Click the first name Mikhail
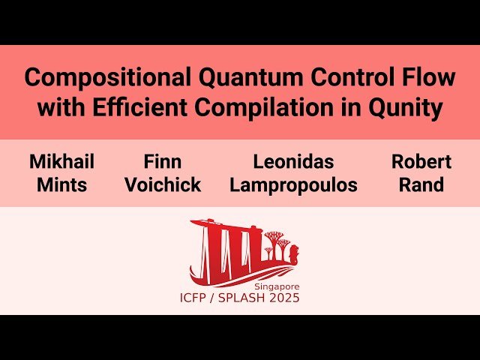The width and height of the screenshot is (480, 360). click(x=62, y=162)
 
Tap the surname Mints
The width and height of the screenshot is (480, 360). click(x=62, y=185)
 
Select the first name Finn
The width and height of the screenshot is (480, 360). click(x=163, y=162)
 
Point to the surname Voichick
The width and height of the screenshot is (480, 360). click(x=163, y=185)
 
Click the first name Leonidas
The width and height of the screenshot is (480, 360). click(x=293, y=162)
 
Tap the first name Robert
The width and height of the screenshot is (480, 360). click(x=421, y=162)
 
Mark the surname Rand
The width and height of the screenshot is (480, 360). click(x=421, y=185)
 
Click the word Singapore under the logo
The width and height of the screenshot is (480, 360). click(x=276, y=286)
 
